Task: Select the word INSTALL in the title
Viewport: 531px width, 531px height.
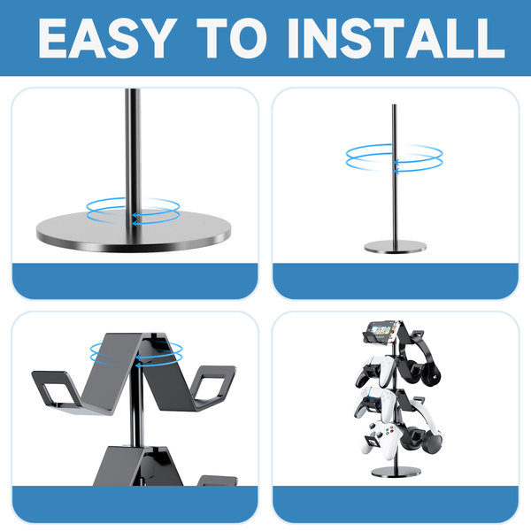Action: (x=396, y=38)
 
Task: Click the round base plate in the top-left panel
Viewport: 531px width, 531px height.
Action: (x=134, y=231)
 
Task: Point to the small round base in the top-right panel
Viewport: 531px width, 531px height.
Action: (x=396, y=247)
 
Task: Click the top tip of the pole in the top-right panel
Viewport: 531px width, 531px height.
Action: (x=394, y=104)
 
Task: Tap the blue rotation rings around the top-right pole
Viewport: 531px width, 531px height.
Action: (x=394, y=158)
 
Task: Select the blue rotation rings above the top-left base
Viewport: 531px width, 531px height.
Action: (x=133, y=211)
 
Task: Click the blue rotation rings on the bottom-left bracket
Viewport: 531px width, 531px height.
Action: (x=136, y=353)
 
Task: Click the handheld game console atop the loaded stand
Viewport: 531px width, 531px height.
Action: (x=381, y=331)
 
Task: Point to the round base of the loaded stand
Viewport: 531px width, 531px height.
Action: (x=396, y=471)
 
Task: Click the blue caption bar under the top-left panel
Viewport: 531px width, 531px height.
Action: (x=135, y=281)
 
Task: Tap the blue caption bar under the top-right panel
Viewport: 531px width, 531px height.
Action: (x=396, y=281)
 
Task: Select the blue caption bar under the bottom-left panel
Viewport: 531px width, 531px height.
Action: (x=135, y=504)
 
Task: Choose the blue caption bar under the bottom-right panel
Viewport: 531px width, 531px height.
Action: (x=396, y=504)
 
